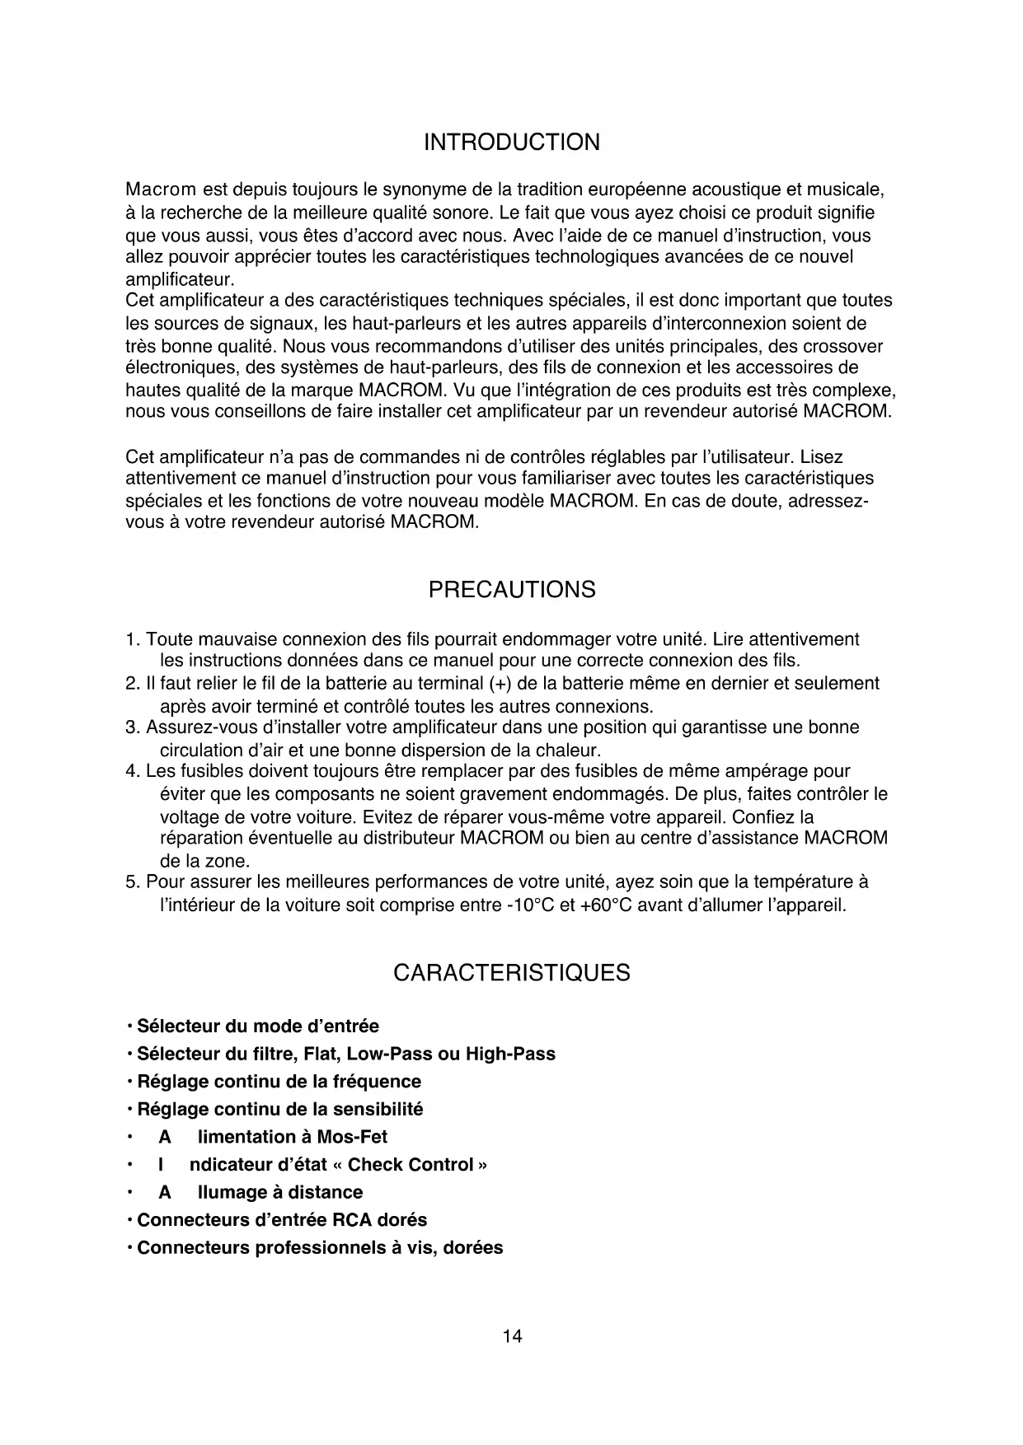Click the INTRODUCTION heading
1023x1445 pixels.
pos(511,143)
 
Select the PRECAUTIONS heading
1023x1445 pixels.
pos(511,590)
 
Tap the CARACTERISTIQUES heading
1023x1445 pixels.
pos(511,973)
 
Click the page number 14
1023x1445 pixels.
pos(512,1336)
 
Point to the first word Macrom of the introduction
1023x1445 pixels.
pos(160,191)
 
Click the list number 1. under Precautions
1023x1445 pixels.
pos(133,640)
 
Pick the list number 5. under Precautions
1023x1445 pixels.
pos(133,882)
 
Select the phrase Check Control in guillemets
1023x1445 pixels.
pos(411,1165)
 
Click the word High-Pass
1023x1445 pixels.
pos(510,1055)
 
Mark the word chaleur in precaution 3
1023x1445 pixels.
pos(570,751)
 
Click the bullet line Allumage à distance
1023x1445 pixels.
pos(260,1192)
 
